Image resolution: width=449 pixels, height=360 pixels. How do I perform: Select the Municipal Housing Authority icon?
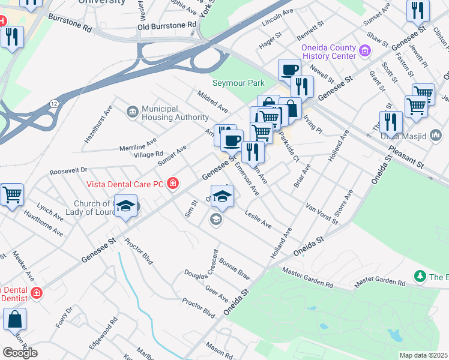click(132, 112)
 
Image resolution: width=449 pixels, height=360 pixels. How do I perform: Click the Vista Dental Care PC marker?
click(173, 183)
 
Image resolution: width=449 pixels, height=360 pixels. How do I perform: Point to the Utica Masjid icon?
click(436, 136)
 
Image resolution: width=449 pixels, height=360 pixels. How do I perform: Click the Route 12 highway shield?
click(54, 104)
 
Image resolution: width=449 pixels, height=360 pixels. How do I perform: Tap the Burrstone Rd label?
click(71, 23)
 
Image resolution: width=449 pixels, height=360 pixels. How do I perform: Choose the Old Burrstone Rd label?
click(166, 25)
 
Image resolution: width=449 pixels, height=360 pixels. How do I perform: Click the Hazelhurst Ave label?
click(98, 124)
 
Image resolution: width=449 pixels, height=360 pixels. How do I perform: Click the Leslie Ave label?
click(258, 220)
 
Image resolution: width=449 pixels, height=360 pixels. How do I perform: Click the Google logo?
click(20, 352)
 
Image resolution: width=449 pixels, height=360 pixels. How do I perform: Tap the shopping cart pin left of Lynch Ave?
click(12, 195)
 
